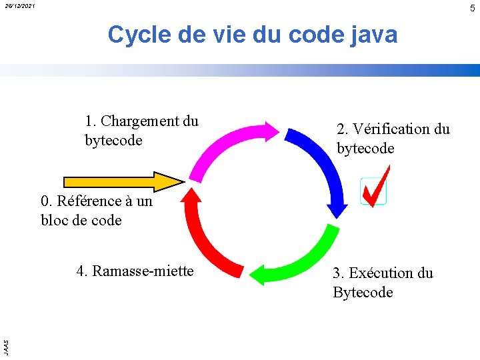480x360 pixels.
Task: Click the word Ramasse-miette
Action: pos(143,271)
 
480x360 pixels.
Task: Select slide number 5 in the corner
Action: pos(472,8)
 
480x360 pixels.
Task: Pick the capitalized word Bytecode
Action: pos(363,292)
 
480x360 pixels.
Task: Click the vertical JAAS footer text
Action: pos(5,346)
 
